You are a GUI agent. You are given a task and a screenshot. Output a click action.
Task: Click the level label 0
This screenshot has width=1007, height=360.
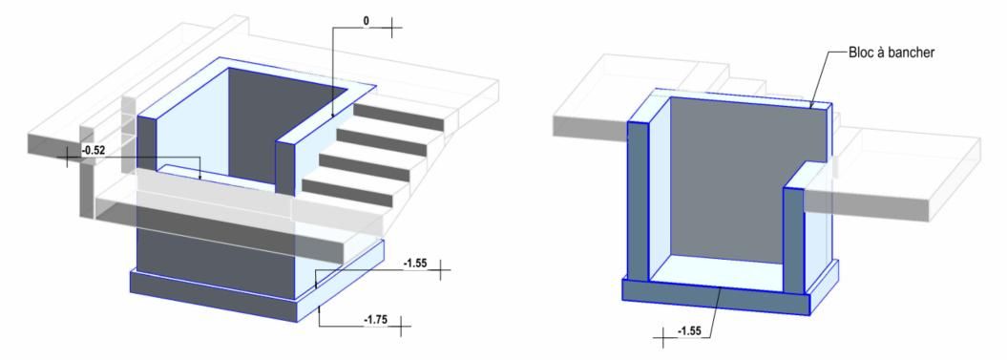click(367, 21)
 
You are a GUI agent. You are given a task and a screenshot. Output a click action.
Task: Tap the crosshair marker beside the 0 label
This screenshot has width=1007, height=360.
click(391, 29)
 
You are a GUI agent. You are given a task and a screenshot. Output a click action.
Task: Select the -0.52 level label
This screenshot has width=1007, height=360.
click(94, 151)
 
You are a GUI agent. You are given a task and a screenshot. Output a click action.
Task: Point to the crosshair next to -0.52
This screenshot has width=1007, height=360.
click(68, 157)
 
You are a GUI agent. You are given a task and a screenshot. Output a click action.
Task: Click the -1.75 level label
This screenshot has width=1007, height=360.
click(376, 320)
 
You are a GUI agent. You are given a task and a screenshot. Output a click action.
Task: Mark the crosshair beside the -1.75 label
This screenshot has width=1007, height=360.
click(402, 327)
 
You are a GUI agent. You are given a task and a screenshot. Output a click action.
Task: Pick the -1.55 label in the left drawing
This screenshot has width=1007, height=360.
click(415, 263)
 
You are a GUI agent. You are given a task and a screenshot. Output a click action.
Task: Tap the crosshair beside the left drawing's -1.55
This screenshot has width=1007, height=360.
click(440, 270)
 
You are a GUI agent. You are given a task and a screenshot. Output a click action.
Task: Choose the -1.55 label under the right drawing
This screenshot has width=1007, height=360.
click(690, 331)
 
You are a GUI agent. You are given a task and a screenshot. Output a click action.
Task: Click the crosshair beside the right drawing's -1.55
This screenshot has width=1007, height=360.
click(663, 337)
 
